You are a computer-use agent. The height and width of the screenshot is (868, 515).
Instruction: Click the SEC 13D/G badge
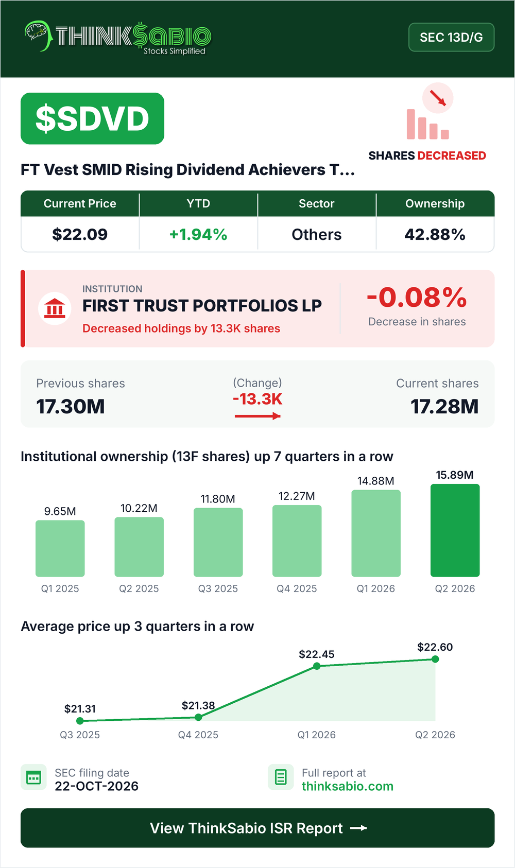point(451,37)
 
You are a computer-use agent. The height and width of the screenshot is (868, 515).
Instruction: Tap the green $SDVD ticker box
point(92,118)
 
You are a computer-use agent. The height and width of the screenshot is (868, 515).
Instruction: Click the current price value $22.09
point(80,234)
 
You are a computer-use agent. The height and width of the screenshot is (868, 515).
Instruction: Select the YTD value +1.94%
point(198,234)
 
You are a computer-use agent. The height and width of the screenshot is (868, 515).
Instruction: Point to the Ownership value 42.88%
point(435,234)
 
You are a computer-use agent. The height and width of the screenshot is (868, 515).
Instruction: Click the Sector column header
point(317,203)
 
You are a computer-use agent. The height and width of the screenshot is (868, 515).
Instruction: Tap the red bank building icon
point(55,308)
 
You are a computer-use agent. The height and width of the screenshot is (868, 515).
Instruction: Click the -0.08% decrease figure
point(417,298)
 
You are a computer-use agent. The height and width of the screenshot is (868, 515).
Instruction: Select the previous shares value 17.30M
point(71,407)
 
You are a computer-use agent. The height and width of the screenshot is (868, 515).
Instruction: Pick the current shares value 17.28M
point(444,407)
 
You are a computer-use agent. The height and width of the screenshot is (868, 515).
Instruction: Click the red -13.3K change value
point(257,399)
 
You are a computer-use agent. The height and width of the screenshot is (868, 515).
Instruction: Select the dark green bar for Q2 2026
point(455,530)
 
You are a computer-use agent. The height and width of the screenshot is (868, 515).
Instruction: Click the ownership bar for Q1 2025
point(60,548)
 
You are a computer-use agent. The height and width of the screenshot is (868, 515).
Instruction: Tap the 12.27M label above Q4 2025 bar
point(297,496)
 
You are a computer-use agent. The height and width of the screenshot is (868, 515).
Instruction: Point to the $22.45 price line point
point(317,666)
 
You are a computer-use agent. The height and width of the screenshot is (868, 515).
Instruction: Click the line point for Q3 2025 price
point(80,721)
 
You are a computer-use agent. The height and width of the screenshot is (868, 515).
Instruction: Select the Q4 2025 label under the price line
point(198,735)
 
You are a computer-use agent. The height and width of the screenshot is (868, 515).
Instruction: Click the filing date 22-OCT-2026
point(96,786)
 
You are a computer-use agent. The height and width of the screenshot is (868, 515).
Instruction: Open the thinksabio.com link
point(348,786)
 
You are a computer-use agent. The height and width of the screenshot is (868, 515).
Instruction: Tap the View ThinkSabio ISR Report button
point(257,828)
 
